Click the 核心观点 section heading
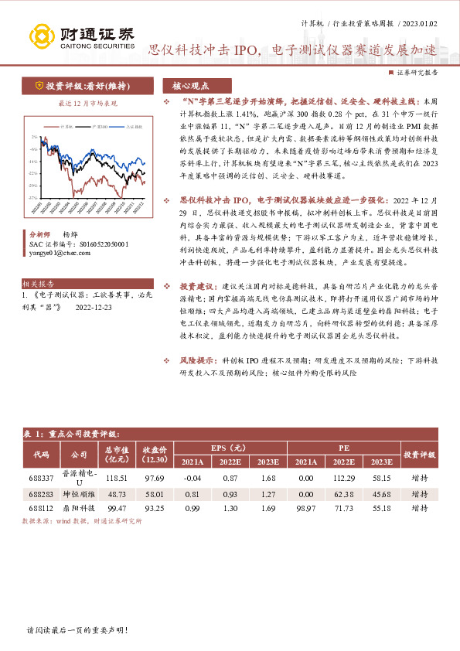coord(192,86)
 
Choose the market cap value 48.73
coord(117,493)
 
